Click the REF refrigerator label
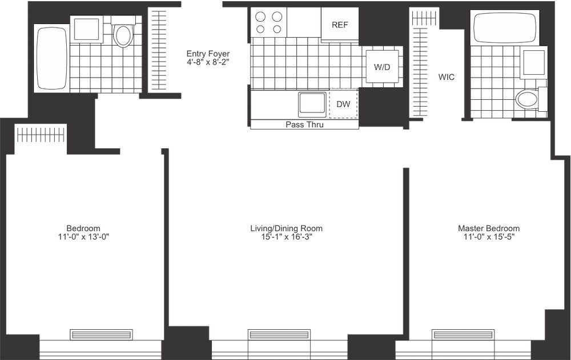(340, 25)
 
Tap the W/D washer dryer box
(383, 67)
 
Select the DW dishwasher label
(343, 104)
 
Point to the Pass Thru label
(304, 124)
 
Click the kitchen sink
(312, 103)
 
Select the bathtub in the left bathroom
(51, 58)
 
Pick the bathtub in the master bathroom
(505, 27)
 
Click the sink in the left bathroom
(86, 29)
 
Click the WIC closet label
(446, 77)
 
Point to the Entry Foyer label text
(208, 54)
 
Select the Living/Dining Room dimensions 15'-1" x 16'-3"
(287, 237)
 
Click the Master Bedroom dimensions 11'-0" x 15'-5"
(489, 237)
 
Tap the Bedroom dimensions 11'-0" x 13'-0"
(83, 237)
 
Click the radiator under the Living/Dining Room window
(279, 334)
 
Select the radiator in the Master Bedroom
(463, 334)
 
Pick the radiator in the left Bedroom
(101, 334)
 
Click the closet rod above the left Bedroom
(41, 135)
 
